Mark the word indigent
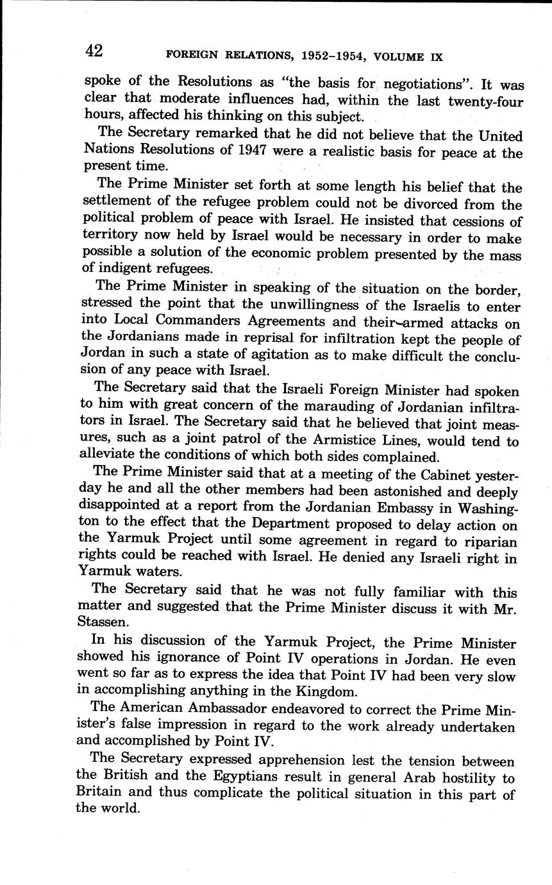(130, 269)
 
